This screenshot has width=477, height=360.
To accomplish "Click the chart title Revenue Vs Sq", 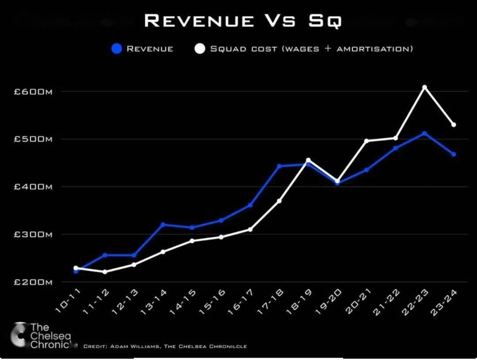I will pyautogui.click(x=242, y=21).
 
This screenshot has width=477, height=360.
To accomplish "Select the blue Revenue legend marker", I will pyautogui.click(x=117, y=49).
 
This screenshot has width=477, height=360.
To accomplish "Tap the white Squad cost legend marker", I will pyautogui.click(x=200, y=49).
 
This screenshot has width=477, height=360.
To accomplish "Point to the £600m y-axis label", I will pyautogui.click(x=33, y=91).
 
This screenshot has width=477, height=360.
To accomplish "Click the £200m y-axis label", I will pyautogui.click(x=33, y=282).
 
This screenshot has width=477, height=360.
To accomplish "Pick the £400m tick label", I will pyautogui.click(x=33, y=187).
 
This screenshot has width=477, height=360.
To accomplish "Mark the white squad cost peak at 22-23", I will pyautogui.click(x=424, y=87).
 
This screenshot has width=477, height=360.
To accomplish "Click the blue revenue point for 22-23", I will pyautogui.click(x=424, y=133).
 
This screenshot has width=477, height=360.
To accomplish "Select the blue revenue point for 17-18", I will pyautogui.click(x=279, y=166).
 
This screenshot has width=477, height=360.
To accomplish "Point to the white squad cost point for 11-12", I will pyautogui.click(x=105, y=272).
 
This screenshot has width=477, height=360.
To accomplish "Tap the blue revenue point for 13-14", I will pyautogui.click(x=163, y=224).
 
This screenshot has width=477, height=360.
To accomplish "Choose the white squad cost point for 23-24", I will pyautogui.click(x=454, y=125).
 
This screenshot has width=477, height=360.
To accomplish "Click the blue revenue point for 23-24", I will pyautogui.click(x=454, y=154).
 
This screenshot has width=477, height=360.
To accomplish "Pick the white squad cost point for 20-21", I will pyautogui.click(x=366, y=141).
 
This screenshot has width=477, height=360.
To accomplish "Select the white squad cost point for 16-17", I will pyautogui.click(x=250, y=229).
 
